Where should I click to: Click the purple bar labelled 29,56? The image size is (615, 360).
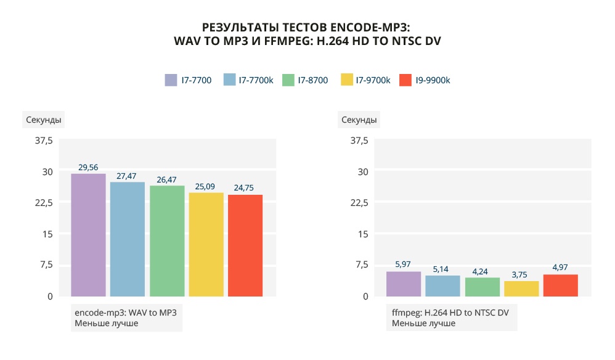tap(88, 235)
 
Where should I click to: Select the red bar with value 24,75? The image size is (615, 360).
tap(245, 245)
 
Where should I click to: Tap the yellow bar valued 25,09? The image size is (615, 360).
tap(206, 244)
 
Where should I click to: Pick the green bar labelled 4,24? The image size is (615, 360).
tap(483, 287)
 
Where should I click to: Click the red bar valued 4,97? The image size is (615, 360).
tap(561, 285)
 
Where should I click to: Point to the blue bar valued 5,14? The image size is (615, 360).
tap(443, 285)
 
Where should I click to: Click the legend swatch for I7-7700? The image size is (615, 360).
tap(171, 80)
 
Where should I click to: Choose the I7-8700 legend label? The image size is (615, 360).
tap(312, 80)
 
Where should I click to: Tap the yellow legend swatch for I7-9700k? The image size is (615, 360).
tap(346, 80)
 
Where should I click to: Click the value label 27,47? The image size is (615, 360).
tap(128, 176)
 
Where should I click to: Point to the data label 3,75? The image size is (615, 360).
tap(521, 276)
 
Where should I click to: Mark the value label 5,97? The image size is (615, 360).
tap(403, 264)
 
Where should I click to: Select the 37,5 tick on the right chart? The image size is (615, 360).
tap(359, 141)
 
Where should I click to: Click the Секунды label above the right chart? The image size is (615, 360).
tap(359, 120)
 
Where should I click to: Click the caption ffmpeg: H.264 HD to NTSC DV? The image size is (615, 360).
tap(450, 313)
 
